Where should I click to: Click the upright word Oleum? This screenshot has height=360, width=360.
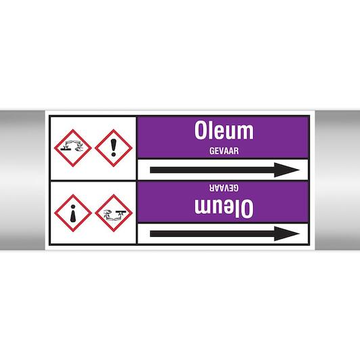coord(224,130)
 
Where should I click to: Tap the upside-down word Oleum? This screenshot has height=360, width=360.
coord(224,208)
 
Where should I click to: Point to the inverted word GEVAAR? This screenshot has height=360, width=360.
coord(224,188)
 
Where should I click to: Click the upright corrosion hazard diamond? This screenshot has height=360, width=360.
coord(73,148)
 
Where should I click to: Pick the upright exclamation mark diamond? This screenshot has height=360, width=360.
coord(114,148)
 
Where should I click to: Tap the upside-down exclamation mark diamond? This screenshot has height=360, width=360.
coord(73,213)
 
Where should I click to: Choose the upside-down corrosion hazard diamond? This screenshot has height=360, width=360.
coord(114,213)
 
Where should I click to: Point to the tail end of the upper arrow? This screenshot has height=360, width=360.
coord(150,170)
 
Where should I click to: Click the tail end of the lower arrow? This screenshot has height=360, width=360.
coord(150,233)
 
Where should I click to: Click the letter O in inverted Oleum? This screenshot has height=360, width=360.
coord(248,208)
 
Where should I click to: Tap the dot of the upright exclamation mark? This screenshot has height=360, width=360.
coord(114,154)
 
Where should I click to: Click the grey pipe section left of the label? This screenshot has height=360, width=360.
coord(22,180)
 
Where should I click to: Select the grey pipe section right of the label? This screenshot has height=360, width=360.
coord(338,180)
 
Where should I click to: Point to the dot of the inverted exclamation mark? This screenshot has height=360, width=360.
coord(73,207)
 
